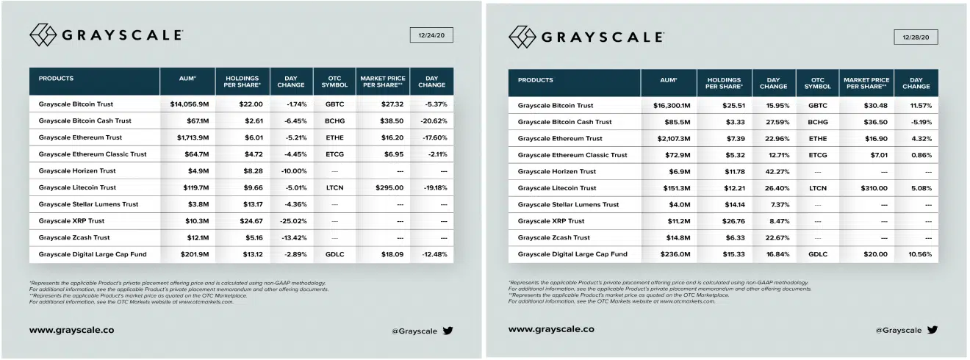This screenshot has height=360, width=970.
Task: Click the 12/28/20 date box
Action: click(x=916, y=37)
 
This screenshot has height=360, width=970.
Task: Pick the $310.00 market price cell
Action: click(x=866, y=188)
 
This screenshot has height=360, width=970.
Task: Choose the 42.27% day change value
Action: click(x=773, y=171)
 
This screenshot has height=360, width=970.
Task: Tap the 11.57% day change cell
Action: click(x=916, y=105)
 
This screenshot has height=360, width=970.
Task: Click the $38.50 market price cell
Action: click(x=382, y=121)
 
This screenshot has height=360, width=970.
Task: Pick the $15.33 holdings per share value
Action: click(x=723, y=254)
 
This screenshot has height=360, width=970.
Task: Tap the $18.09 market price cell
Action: click(x=382, y=254)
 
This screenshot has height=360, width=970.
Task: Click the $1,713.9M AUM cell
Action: click(x=187, y=137)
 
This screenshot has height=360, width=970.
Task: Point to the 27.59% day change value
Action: click(x=773, y=122)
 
